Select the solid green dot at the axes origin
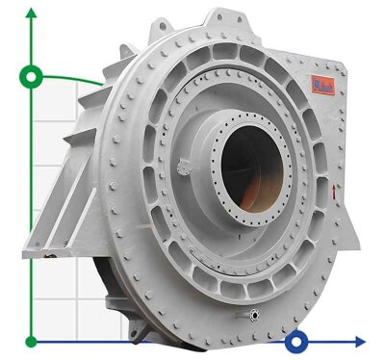[x=32, y=341]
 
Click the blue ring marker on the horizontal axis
[x=297, y=341]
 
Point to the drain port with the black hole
[x=253, y=315]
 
